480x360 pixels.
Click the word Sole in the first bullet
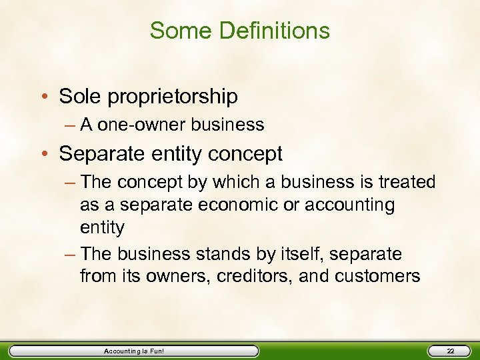(77, 97)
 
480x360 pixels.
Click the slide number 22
(450, 351)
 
